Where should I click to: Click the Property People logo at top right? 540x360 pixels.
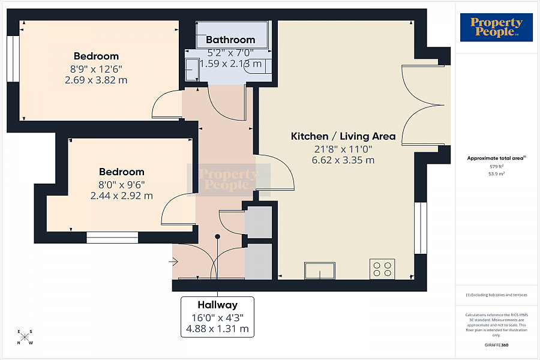[x=496, y=28]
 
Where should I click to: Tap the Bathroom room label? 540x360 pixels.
[x=230, y=40]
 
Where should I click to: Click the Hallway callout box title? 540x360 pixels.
[x=218, y=305]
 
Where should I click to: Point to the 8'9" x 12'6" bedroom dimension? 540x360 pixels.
[x=96, y=68]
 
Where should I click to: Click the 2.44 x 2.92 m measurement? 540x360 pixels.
[x=121, y=196]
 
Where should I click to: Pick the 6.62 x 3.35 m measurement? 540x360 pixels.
[x=343, y=160]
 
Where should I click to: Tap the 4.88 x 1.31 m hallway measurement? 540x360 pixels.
[x=218, y=329]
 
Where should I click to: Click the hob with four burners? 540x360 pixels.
[x=382, y=269]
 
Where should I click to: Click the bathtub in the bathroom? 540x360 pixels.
[x=232, y=30]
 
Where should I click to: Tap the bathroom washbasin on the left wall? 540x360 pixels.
[x=192, y=69]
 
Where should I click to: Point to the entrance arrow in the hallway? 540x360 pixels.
[x=174, y=262]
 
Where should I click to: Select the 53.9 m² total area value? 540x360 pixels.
[x=496, y=173]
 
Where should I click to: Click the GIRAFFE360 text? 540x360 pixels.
[x=496, y=345]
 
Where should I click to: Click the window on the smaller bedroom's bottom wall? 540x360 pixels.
[x=112, y=238]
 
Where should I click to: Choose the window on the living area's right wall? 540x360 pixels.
[x=420, y=227]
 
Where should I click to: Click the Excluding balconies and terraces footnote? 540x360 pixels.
[x=496, y=295]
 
